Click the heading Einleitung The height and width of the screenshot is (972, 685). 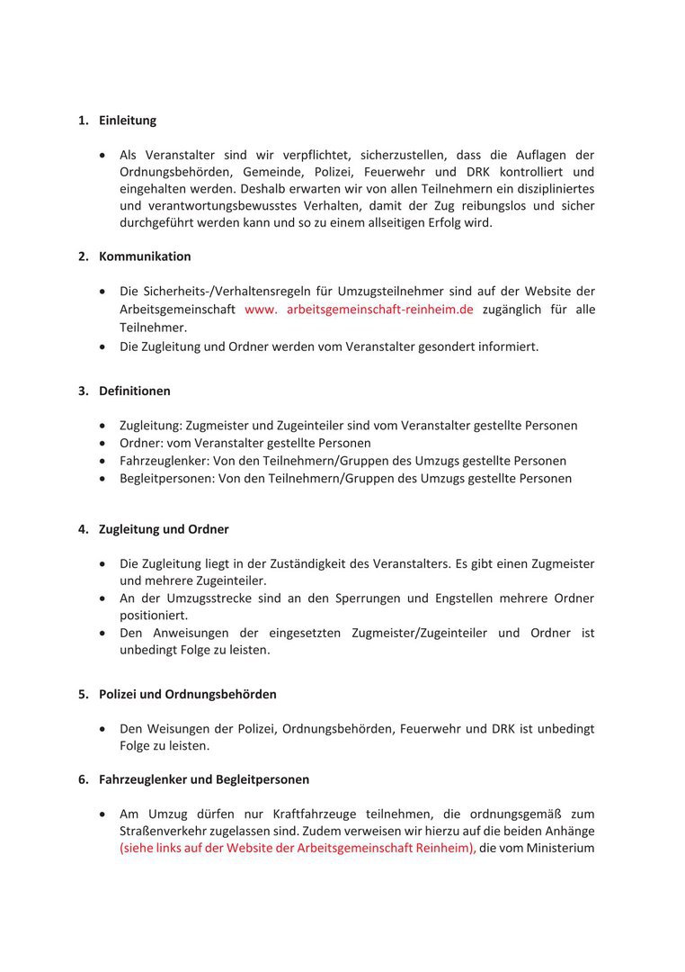click(x=128, y=121)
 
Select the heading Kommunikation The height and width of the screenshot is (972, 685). click(x=145, y=256)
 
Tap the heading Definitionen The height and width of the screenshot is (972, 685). click(x=135, y=391)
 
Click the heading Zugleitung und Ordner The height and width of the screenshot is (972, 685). click(x=164, y=529)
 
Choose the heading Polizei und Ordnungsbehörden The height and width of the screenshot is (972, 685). click(x=188, y=695)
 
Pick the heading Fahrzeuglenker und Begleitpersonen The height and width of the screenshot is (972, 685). click(x=204, y=779)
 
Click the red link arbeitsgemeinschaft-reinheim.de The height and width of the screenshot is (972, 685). click(x=379, y=310)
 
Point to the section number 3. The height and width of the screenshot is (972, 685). click(x=83, y=391)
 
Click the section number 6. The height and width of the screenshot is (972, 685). click(x=83, y=779)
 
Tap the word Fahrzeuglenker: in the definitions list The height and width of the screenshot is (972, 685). click(x=161, y=461)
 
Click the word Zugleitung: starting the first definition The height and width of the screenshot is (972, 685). click(x=150, y=426)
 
